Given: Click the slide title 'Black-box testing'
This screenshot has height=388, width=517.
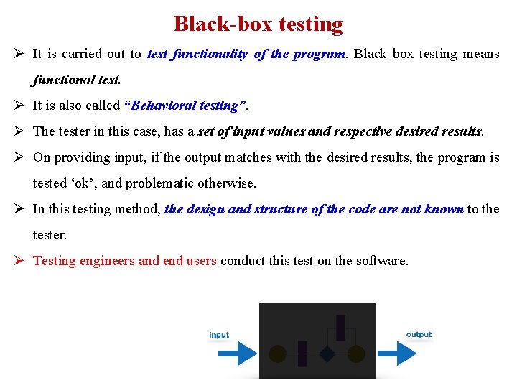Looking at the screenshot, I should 258,24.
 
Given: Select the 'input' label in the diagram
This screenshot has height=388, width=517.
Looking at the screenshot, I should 219,335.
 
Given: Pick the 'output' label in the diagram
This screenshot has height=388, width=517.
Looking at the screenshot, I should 419,334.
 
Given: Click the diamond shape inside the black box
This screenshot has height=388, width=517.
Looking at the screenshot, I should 327,354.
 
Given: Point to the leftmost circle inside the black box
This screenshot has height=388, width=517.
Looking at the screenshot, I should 277,354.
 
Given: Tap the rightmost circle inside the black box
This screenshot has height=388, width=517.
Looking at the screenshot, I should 355,354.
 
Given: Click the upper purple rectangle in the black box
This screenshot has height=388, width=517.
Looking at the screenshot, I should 340,328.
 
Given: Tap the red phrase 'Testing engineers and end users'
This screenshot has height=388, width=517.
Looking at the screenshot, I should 125,261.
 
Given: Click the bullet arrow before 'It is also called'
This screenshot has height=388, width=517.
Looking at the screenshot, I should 19,106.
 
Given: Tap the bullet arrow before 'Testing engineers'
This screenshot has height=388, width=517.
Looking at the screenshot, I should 19,261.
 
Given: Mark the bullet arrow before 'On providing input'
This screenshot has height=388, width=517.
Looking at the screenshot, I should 19,157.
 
